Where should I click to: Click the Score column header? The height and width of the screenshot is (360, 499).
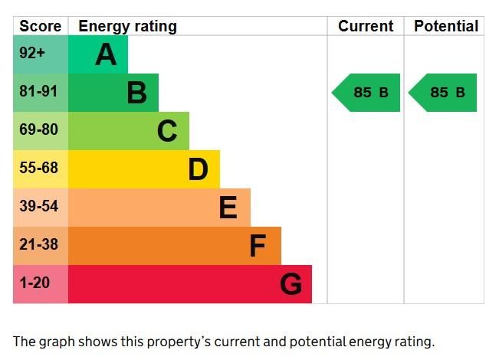click(40, 26)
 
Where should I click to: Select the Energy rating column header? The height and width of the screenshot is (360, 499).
click(127, 26)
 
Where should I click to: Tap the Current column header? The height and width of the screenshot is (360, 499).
click(366, 26)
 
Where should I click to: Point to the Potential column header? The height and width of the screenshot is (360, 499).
click(445, 26)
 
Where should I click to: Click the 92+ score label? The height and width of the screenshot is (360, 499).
click(33, 54)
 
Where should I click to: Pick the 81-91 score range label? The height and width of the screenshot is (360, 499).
click(38, 92)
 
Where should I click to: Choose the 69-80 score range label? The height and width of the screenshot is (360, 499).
click(38, 130)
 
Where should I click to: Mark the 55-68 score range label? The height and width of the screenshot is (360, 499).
click(38, 169)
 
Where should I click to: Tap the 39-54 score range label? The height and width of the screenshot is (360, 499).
click(38, 207)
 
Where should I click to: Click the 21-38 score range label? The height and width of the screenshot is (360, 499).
click(38, 245)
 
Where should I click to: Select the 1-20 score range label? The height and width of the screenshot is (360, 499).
click(34, 283)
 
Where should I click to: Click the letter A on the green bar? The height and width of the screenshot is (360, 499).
click(106, 54)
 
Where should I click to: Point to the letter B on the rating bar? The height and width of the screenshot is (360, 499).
click(136, 93)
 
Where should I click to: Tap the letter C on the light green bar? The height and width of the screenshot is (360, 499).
click(167, 131)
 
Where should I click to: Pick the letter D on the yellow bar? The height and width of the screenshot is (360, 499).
click(198, 169)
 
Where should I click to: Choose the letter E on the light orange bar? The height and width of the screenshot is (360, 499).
click(228, 208)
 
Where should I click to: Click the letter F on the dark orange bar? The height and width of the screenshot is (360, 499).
click(258, 246)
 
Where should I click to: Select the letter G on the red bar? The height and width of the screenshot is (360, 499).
click(291, 284)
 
